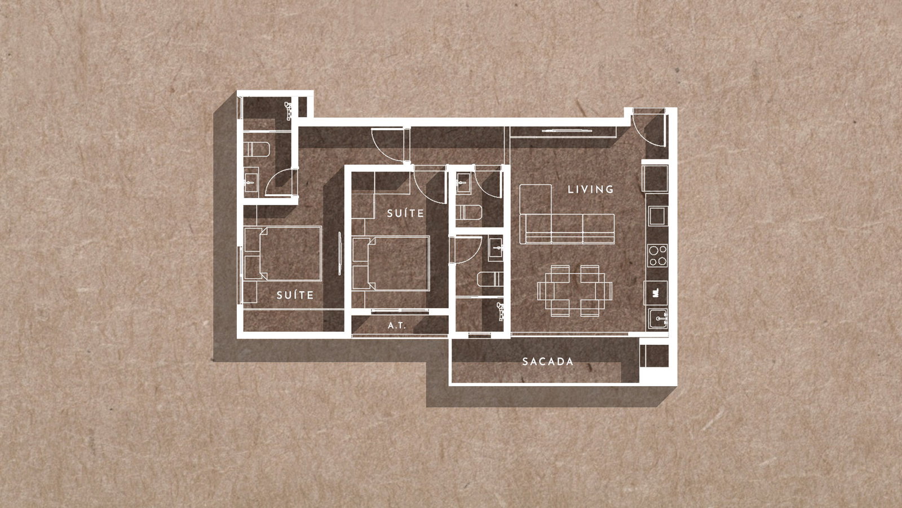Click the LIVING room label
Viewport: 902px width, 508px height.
(590, 189)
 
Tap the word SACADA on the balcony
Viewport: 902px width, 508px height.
(547, 362)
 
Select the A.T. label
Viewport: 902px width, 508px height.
(397, 325)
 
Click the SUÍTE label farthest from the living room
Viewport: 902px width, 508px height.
(295, 295)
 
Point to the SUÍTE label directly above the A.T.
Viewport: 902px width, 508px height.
(405, 213)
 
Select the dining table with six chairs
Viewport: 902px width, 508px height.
(574, 290)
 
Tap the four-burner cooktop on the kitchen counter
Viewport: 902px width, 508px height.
(657, 256)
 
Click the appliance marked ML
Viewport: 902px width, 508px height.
(656, 293)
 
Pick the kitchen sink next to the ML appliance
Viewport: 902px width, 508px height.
(658, 318)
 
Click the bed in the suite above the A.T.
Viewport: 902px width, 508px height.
(391, 263)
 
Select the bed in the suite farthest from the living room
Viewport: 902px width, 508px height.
(282, 253)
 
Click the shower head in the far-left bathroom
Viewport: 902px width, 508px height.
(289, 111)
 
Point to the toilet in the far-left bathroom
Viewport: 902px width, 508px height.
(257, 149)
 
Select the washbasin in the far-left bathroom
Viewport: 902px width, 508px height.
(251, 182)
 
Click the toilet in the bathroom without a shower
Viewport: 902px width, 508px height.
(469, 212)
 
